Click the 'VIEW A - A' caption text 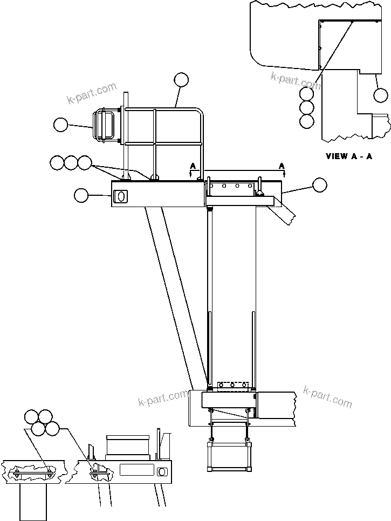pyautogui.click(x=349, y=156)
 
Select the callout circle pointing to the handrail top pyautogui.click(x=182, y=80)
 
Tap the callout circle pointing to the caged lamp pyautogui.click(x=61, y=125)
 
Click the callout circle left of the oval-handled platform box pyautogui.click(x=81, y=195)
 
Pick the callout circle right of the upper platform pyautogui.click(x=320, y=184)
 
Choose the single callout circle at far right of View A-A pyautogui.click(x=381, y=95)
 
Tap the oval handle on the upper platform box pyautogui.click(x=121, y=197)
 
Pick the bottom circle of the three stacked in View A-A pyautogui.click(x=307, y=121)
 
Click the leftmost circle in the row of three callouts pyautogui.click(x=57, y=162)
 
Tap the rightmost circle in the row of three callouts pyautogui.click(x=85, y=162)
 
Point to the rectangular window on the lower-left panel pyautogui.click(x=137, y=470)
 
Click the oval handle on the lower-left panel pyautogui.click(x=161, y=472)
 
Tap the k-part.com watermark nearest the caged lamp pyautogui.click(x=92, y=92)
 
